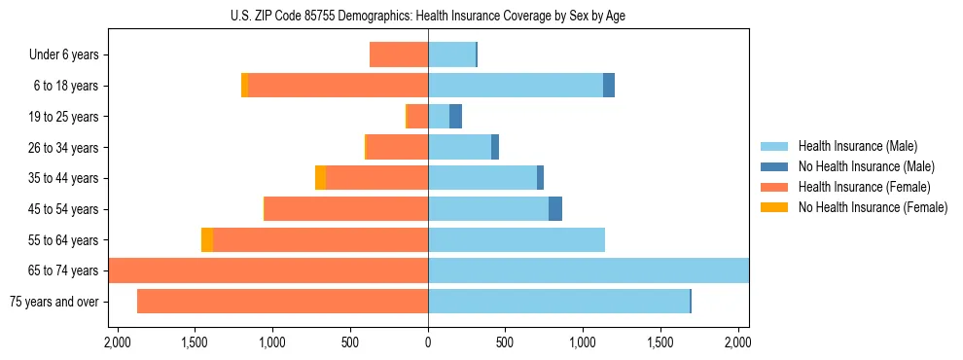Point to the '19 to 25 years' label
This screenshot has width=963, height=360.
click(x=65, y=117)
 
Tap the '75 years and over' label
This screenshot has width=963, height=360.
click(x=53, y=302)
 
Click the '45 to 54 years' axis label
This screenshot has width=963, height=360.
click(x=65, y=209)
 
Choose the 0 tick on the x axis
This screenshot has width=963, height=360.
click(x=428, y=343)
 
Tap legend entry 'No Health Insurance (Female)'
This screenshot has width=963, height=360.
click(x=873, y=207)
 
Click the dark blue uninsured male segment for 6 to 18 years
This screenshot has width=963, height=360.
click(x=609, y=86)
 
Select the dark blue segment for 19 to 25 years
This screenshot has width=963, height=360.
click(x=455, y=117)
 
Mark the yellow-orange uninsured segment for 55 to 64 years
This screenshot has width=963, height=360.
click(x=207, y=239)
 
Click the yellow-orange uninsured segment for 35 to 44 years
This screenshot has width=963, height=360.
click(x=320, y=178)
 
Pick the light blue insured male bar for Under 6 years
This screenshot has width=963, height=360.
click(x=451, y=55)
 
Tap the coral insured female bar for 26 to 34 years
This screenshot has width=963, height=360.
click(x=397, y=147)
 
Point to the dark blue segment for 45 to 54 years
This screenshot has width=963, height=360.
click(x=555, y=209)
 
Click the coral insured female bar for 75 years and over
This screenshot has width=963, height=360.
click(x=282, y=302)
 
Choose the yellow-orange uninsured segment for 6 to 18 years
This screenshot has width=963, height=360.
click(x=244, y=86)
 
